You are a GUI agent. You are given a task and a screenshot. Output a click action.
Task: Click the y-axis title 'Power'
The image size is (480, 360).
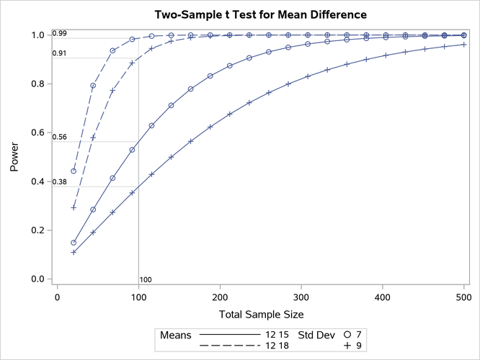[15, 157]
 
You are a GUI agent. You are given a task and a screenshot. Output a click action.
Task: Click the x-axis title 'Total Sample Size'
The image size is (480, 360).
[261, 314]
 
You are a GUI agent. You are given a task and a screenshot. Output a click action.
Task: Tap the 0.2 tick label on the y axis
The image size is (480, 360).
[37, 230]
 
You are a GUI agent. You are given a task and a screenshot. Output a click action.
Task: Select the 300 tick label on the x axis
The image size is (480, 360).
[220, 295]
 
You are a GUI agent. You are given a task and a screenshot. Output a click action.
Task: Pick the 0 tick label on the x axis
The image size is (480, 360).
[58, 295]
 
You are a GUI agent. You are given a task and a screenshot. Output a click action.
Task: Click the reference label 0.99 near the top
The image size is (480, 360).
[59, 33]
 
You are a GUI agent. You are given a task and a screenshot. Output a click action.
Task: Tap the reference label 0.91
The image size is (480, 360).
[59, 53]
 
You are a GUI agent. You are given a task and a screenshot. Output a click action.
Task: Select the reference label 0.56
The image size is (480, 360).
[59, 137]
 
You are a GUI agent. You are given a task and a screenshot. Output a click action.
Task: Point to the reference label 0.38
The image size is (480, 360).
[59, 182]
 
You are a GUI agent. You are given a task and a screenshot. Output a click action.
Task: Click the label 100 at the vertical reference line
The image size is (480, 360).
[146, 279]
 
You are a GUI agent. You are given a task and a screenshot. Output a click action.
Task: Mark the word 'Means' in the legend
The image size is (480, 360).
[174, 335]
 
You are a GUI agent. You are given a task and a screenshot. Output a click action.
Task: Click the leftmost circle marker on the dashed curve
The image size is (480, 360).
[74, 171]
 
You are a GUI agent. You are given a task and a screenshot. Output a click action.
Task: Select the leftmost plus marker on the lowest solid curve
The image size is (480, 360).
[74, 252]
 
